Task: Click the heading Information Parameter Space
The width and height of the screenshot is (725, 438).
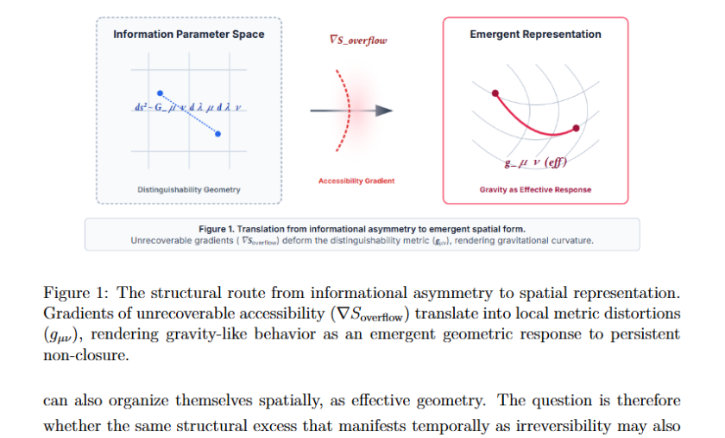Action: (x=189, y=35)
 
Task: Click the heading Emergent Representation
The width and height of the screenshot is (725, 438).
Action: (x=535, y=35)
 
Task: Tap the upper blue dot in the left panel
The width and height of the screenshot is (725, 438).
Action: (x=160, y=92)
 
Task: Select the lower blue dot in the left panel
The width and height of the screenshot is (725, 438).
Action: (x=217, y=134)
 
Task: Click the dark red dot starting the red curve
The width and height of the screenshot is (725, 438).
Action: (x=495, y=93)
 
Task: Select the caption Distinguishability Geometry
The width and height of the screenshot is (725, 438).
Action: (x=189, y=189)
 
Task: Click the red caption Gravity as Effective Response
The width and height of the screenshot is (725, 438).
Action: (x=535, y=189)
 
